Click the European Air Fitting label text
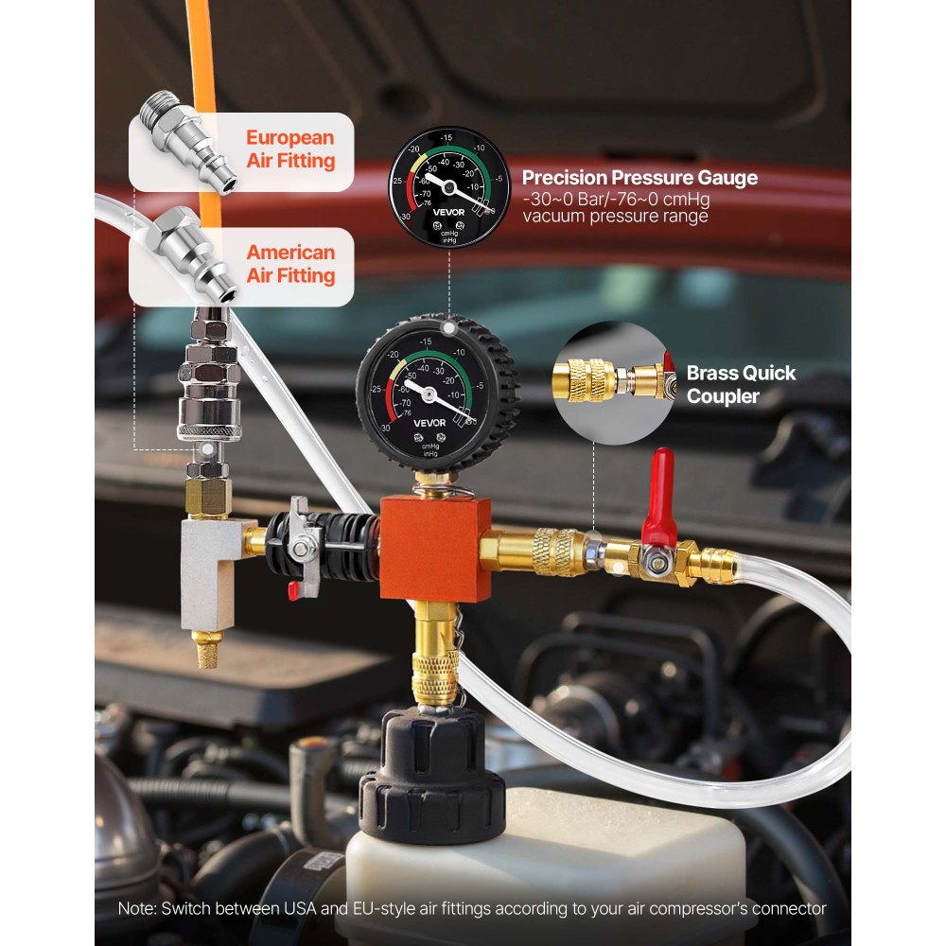coord(290,149)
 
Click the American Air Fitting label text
coord(290,264)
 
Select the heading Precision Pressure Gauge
coord(639,178)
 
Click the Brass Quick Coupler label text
coord(741,384)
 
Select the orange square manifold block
coord(435,548)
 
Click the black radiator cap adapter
coord(431,776)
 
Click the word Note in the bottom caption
coord(136,908)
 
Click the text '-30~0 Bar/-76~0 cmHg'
coord(616,200)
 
